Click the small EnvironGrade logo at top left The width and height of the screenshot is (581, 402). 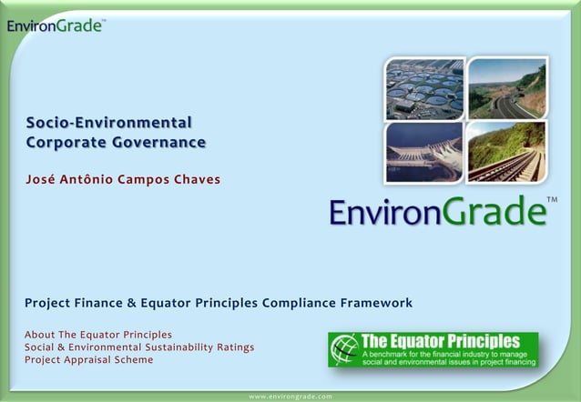point(55,25)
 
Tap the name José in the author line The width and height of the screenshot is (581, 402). point(42,178)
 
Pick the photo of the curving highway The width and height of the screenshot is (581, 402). point(506,88)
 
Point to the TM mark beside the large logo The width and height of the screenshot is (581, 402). point(552,199)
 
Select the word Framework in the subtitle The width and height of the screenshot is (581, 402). point(375,303)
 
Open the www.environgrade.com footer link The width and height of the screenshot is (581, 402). point(290,397)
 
